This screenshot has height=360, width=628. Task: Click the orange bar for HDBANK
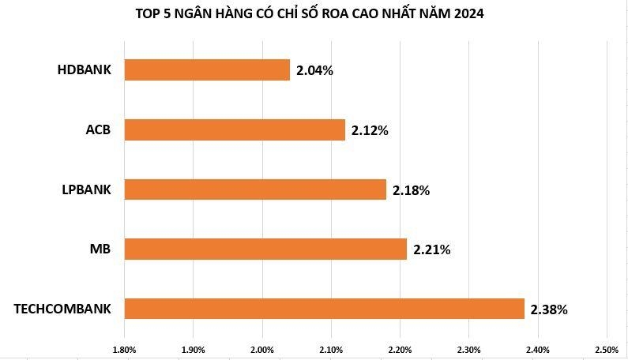(x=207, y=70)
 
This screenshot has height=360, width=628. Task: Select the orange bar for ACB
(x=235, y=129)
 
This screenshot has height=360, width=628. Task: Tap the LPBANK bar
(x=255, y=189)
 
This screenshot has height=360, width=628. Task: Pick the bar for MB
(x=265, y=249)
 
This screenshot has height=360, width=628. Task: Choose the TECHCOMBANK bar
(x=324, y=309)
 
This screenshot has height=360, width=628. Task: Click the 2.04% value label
(x=314, y=71)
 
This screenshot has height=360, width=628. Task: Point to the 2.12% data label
(x=370, y=130)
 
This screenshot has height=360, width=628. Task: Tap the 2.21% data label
(x=431, y=250)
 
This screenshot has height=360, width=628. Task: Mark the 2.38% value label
(x=548, y=309)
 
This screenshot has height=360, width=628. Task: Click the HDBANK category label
(x=85, y=70)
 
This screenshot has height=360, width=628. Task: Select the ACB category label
(x=98, y=129)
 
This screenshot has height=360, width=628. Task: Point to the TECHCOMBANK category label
(x=62, y=309)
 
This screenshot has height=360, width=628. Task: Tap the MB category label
(x=100, y=249)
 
